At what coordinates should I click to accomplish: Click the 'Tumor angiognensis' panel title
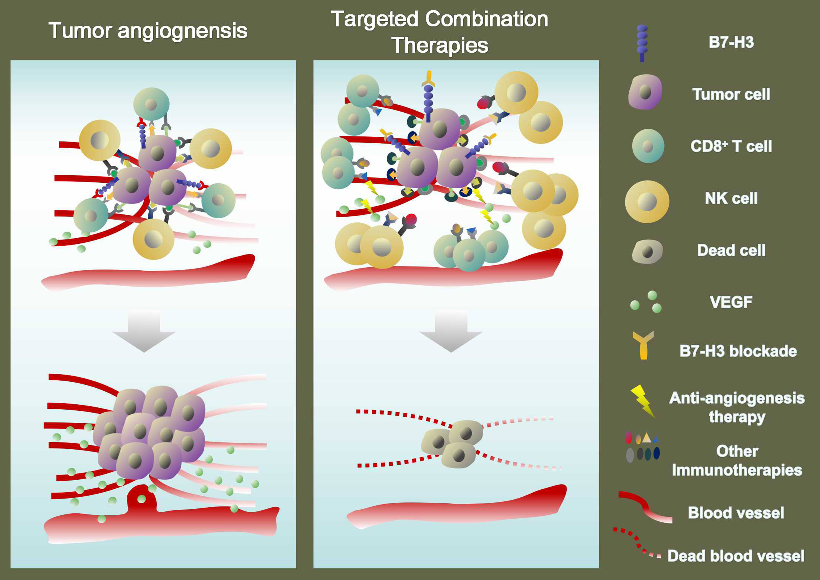coord(148,31)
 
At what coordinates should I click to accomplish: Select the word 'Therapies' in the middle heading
coord(440,45)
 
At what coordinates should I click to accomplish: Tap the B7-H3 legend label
coord(731,42)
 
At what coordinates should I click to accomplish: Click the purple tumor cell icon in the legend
coord(645,92)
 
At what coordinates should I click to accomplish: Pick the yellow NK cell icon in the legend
coord(647,202)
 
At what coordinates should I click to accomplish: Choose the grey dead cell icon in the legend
coord(647,252)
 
